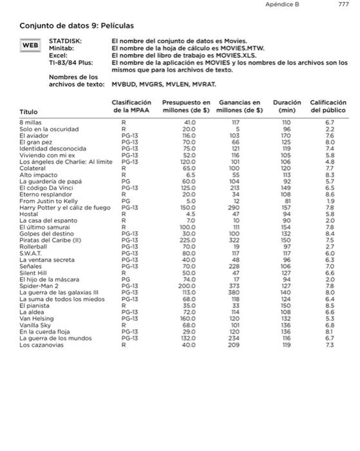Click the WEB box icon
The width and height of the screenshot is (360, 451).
pyautogui.click(x=30, y=46)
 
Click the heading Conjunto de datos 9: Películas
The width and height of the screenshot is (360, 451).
pyautogui.click(x=77, y=26)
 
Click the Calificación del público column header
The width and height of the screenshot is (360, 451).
pyautogui.click(x=329, y=106)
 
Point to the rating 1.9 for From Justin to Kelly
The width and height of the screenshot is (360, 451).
pyautogui.click(x=330, y=202)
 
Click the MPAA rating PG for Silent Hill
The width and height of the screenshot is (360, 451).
pyautogui.click(x=121, y=273)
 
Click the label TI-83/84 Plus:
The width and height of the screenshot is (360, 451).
pyautogui.click(x=71, y=63)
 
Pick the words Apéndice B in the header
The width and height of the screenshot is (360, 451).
pyautogui.click(x=287, y=5)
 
